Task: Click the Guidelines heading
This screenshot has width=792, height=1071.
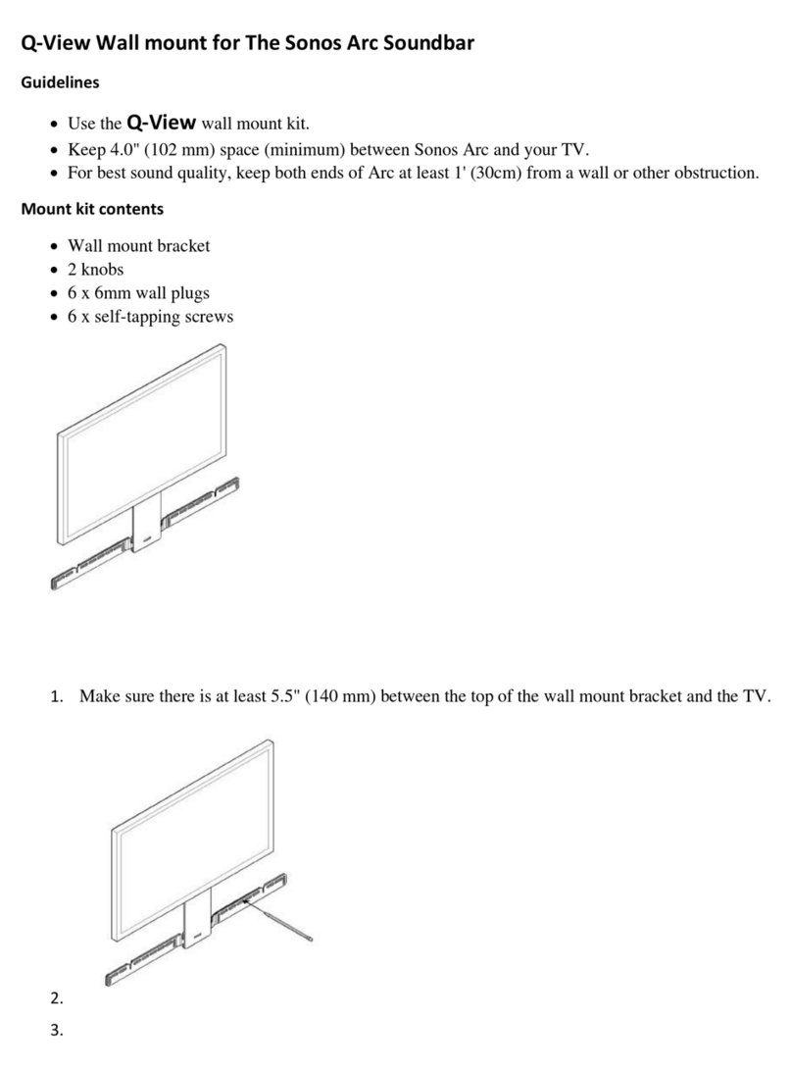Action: (x=60, y=83)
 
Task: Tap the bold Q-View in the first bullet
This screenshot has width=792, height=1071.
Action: (x=162, y=124)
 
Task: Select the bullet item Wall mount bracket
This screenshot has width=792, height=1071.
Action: (x=138, y=245)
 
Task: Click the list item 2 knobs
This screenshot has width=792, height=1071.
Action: (x=95, y=269)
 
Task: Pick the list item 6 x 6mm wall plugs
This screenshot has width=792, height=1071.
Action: (x=138, y=292)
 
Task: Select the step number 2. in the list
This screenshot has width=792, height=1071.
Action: (x=56, y=998)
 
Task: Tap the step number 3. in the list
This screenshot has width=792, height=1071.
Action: (x=56, y=1030)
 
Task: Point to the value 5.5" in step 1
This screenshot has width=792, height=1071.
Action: (x=285, y=696)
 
